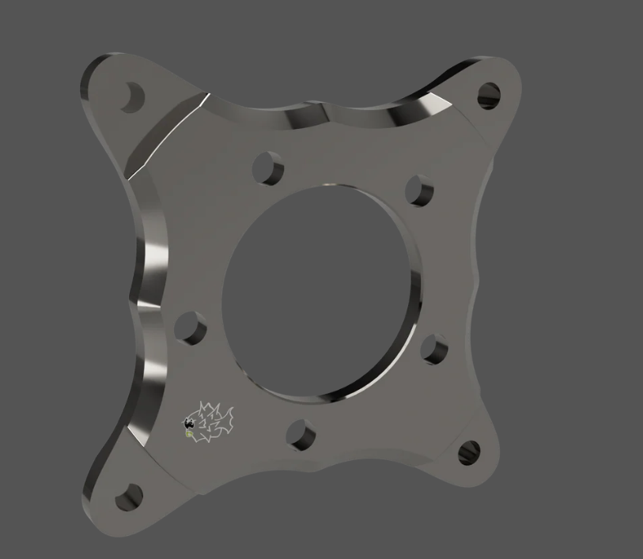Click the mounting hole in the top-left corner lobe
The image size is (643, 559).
(x=133, y=96)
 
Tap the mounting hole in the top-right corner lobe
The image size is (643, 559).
(x=490, y=95)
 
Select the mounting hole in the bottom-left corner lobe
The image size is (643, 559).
(x=128, y=497)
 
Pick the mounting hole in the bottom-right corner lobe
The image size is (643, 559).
(x=469, y=452)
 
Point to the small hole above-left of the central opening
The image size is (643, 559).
(x=269, y=168)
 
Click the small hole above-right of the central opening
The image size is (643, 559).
(x=419, y=190)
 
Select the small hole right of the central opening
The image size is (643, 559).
(x=434, y=349)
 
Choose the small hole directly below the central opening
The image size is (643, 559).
(x=301, y=435)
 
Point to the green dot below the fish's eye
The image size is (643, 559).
(x=189, y=432)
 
